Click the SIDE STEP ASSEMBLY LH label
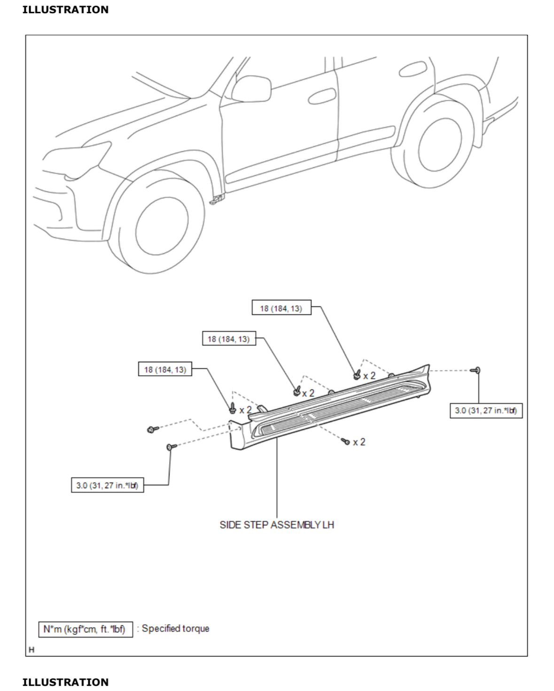coord(277,525)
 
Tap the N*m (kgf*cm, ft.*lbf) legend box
coord(85,629)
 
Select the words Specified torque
coord(176,629)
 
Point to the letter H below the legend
coord(31,650)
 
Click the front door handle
coord(322,96)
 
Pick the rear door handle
coord(413,69)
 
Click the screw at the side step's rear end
coord(476,371)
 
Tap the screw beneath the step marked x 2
coord(346,442)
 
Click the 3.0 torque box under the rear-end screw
coord(486,411)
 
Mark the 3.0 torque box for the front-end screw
coord(107,485)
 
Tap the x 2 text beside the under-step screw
coord(359,442)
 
